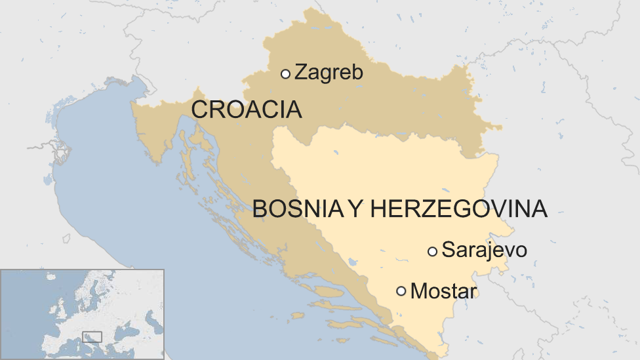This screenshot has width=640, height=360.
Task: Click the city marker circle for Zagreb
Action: coord(285,74)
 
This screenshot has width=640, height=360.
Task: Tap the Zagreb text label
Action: coord(329,72)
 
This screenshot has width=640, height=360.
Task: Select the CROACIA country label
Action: coord(247,110)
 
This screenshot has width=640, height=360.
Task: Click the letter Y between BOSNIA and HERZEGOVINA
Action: coord(355,209)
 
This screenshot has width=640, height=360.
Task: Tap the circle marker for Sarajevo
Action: coord(432,251)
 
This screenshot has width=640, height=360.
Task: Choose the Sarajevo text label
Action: coord(484,250)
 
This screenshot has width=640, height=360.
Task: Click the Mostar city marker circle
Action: coord(401,291)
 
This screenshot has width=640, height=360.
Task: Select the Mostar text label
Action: coord(443,290)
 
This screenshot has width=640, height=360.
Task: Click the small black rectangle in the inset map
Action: coord(92,336)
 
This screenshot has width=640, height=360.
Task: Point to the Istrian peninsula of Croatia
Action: coord(155,131)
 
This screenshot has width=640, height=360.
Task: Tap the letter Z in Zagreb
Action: coord(301,72)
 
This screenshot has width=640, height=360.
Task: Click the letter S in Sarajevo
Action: coord(449,250)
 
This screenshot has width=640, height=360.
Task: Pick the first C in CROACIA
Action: coord(199,110)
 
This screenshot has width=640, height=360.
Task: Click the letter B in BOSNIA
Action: coord(260,209)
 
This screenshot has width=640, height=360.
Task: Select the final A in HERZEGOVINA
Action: coord(539,209)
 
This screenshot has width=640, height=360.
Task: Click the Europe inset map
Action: coord(82,313)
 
